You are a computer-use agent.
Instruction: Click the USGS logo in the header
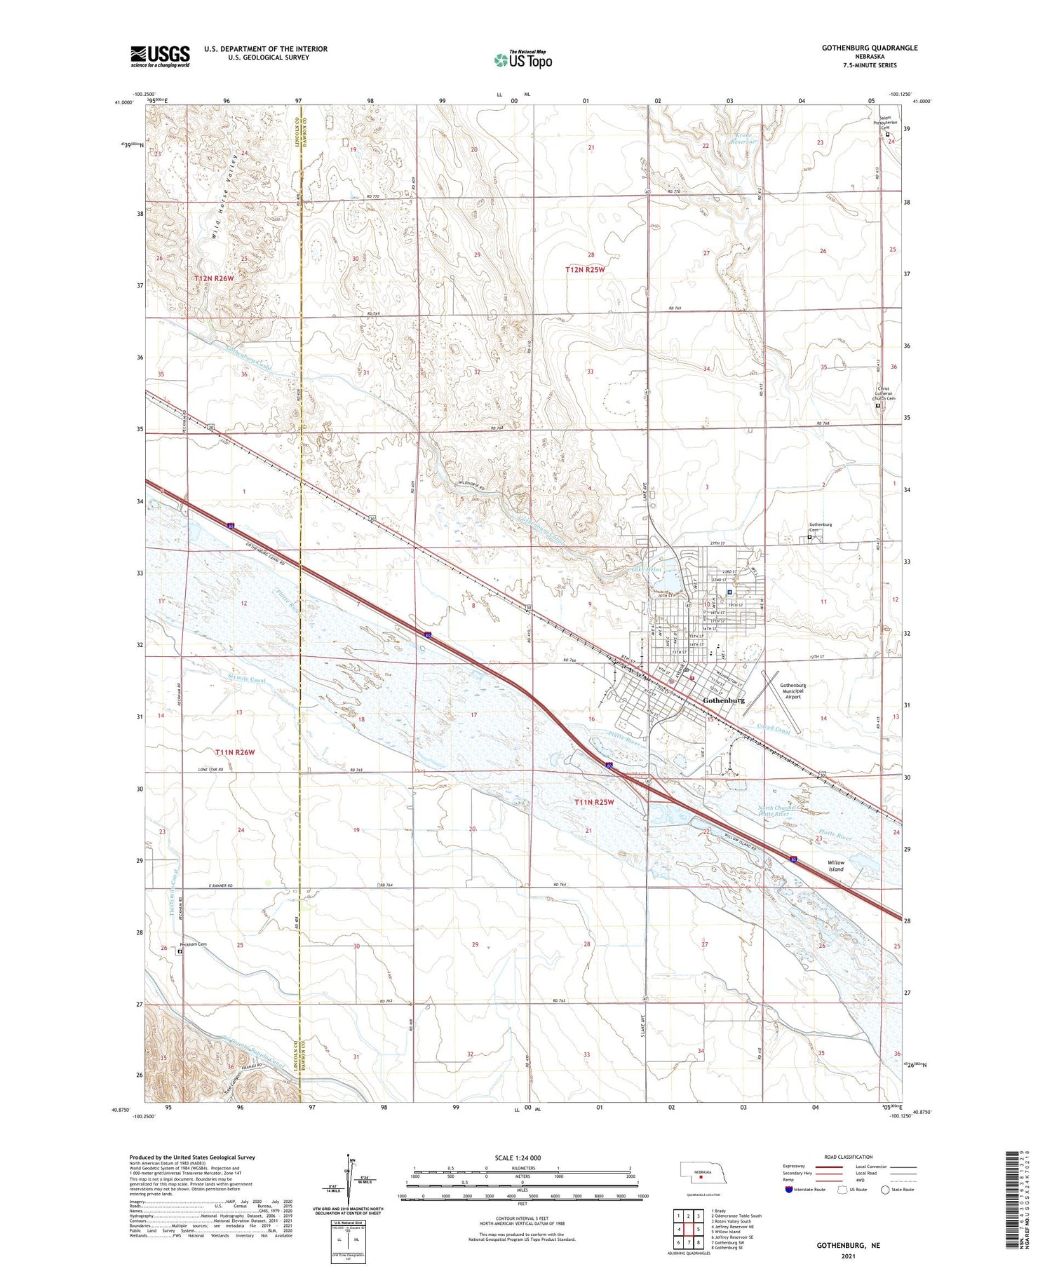pos(160,56)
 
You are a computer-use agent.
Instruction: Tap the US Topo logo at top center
pos(522,60)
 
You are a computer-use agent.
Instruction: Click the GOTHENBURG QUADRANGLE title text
pos(860,48)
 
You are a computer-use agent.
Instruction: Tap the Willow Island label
pos(835,866)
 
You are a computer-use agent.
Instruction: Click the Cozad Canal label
pos(774,729)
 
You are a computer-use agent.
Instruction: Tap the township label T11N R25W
pos(593,802)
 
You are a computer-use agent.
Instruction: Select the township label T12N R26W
pos(214,278)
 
